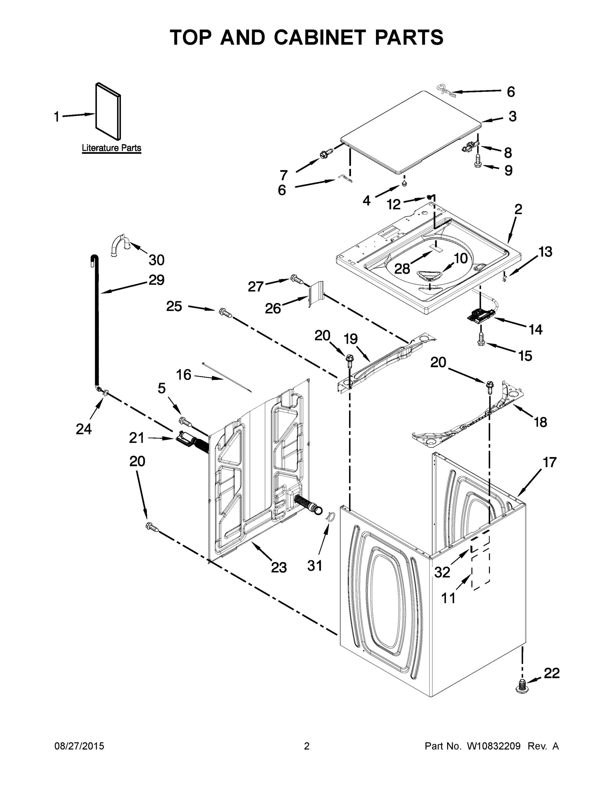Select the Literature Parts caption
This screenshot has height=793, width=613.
click(111, 148)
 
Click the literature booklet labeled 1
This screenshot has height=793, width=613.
click(108, 111)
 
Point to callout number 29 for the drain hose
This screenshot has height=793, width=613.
click(156, 280)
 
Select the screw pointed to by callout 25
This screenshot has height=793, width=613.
click(225, 313)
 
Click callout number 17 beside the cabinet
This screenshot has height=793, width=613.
click(550, 462)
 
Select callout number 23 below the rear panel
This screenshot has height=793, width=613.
click(279, 567)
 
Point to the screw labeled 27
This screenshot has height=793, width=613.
click(297, 280)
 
